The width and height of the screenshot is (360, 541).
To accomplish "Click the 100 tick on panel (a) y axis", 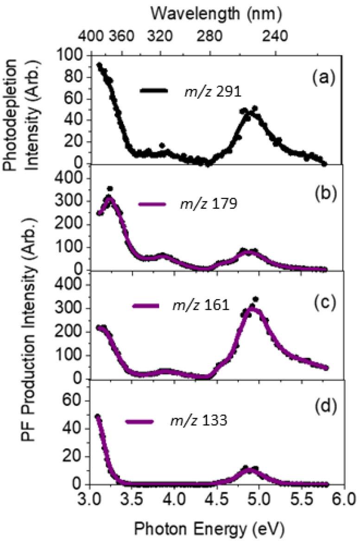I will (75, 56).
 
